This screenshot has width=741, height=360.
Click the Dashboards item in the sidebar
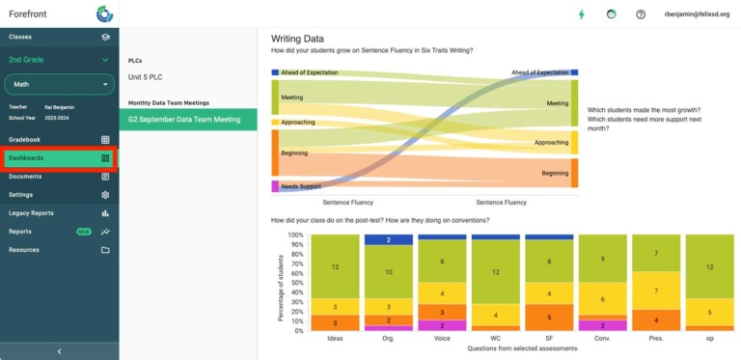coord(58,158)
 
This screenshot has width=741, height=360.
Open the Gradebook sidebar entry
coord(58,139)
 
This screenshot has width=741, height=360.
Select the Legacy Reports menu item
coord(58,212)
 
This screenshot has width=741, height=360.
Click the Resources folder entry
coord(58,250)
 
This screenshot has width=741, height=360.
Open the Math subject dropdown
coord(59,85)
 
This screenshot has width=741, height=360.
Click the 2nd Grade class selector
coord(59,60)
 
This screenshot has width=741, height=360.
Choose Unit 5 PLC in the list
coord(146,77)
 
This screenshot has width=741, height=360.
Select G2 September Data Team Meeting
coord(184,120)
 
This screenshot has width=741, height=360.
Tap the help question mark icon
coord(641,14)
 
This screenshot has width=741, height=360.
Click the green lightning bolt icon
coord(581,14)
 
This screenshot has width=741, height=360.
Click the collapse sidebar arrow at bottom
coord(59,351)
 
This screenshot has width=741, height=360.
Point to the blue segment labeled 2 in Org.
coord(388,239)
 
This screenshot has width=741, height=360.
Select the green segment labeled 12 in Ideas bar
coord(335,266)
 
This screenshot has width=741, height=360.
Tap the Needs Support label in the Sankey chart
coord(302,186)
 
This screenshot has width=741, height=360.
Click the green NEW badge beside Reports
coord(84,232)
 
